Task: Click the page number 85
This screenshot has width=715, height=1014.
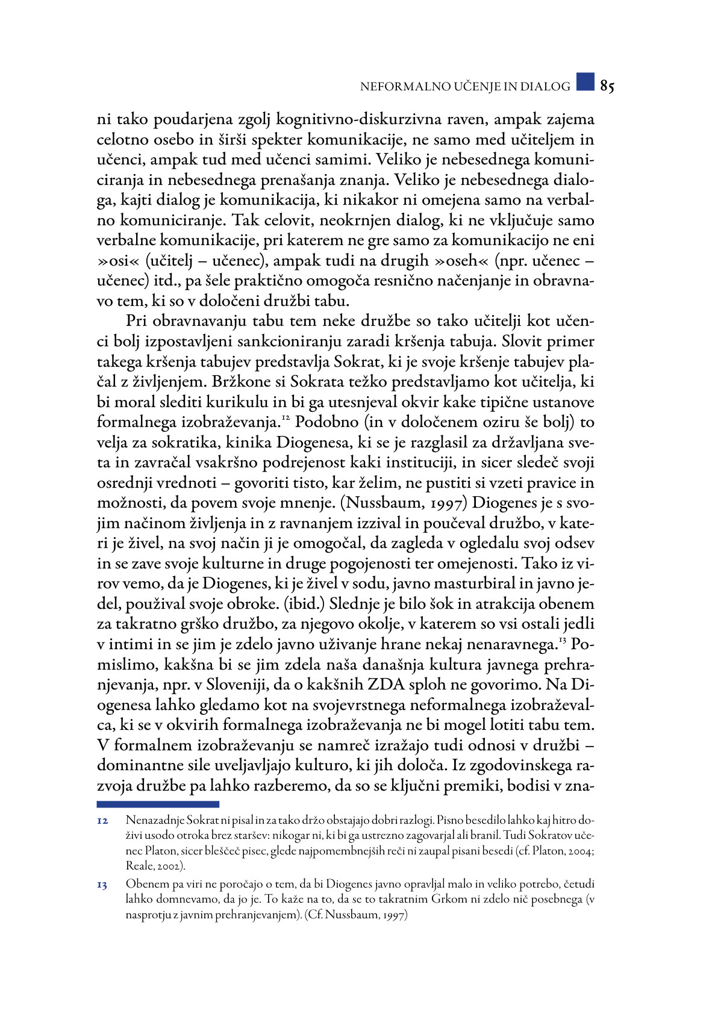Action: (607, 87)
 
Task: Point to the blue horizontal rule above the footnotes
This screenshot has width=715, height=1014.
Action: (158, 804)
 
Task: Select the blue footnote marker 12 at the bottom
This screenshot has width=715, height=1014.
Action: (102, 821)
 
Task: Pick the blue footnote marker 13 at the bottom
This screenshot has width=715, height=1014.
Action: (102, 885)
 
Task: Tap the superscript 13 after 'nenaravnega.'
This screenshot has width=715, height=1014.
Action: (563, 640)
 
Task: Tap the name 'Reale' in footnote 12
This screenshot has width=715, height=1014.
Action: (137, 866)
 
